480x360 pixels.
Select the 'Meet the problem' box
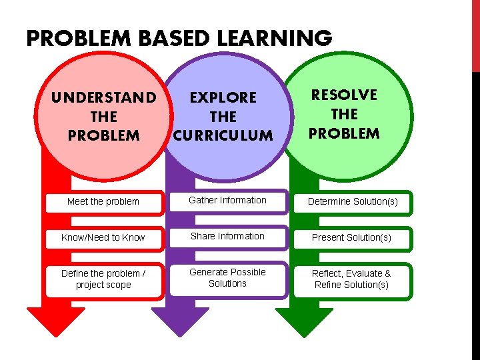point(103,201)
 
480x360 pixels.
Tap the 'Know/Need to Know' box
point(103,237)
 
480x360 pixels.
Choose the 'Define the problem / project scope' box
point(103,279)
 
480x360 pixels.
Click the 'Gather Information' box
point(227,200)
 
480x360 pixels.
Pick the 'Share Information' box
point(227,236)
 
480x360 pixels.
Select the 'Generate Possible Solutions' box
point(227,278)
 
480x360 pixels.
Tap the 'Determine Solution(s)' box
point(351,201)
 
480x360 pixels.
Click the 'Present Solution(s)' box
point(351,237)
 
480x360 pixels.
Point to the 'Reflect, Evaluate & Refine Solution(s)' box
point(351,279)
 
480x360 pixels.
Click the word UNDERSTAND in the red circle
point(104,98)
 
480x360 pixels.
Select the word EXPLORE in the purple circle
point(223,97)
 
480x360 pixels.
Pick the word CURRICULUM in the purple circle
point(223,135)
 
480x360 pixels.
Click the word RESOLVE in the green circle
point(344,95)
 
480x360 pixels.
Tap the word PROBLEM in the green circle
point(344,133)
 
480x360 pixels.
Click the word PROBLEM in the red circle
point(104,135)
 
